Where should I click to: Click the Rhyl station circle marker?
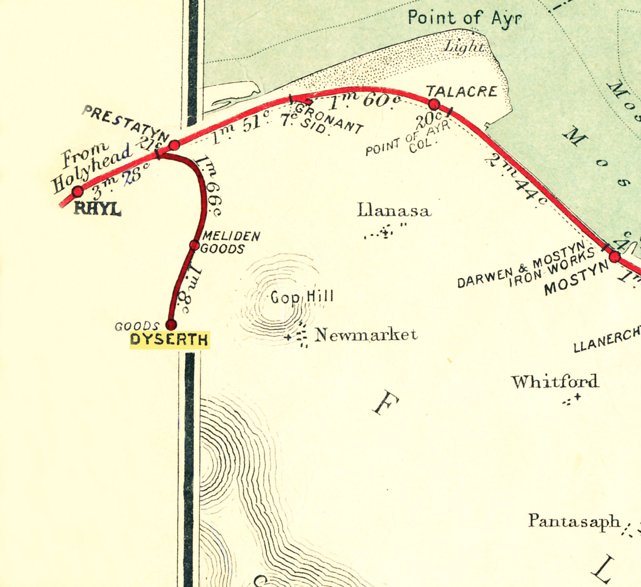pyautogui.click(x=78, y=191)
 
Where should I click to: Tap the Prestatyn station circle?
pyautogui.click(x=174, y=145)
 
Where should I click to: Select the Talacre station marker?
pyautogui.click(x=434, y=104)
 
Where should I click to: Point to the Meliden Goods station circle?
pyautogui.click(x=194, y=245)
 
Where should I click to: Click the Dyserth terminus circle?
pyautogui.click(x=171, y=325)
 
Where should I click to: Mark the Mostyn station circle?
pyautogui.click(x=615, y=257)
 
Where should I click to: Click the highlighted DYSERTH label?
pyautogui.click(x=170, y=340)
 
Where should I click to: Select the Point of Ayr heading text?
pyautogui.click(x=464, y=18)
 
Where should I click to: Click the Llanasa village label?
pyautogui.click(x=394, y=210)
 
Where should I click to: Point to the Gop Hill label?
pyautogui.click(x=302, y=297)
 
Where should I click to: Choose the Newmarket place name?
pyautogui.click(x=366, y=335)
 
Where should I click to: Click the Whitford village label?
pyautogui.click(x=555, y=381)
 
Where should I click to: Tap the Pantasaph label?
pyautogui.click(x=574, y=521)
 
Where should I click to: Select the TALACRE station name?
pyautogui.click(x=462, y=92)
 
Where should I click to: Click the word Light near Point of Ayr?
pyautogui.click(x=464, y=47)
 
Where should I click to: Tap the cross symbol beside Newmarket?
pyautogui.click(x=288, y=337)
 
